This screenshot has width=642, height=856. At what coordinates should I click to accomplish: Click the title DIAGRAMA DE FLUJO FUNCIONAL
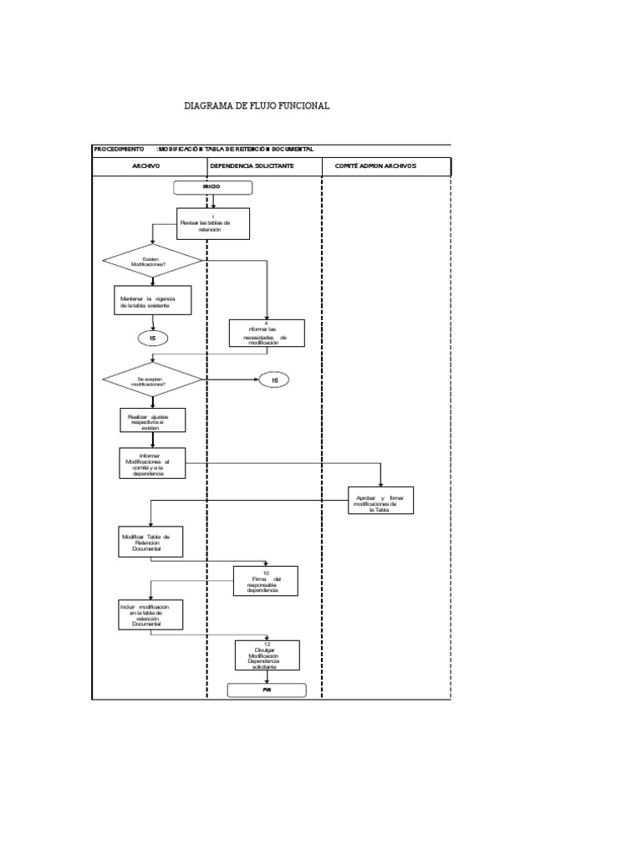(257, 106)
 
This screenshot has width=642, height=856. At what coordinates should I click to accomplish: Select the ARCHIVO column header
(146, 166)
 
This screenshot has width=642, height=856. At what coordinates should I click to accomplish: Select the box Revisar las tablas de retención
(213, 223)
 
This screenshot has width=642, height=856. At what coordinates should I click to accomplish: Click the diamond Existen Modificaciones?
(152, 261)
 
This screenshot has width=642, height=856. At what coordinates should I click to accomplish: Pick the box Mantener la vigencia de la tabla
(153, 300)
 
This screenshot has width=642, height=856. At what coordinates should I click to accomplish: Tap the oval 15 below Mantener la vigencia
(153, 338)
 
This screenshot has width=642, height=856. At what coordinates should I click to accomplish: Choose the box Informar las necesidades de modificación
(267, 333)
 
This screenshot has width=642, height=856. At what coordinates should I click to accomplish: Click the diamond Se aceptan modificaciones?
(152, 380)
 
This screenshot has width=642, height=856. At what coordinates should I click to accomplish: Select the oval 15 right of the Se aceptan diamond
(273, 380)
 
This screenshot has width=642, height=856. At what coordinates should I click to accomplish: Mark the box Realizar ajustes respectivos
(152, 420)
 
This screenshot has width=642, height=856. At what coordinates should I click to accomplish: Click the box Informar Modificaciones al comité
(152, 463)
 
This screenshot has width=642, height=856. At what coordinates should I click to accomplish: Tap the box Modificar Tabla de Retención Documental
(151, 541)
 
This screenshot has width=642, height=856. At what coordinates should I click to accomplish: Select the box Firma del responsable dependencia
(267, 581)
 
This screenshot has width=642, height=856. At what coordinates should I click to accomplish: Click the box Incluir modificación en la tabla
(151, 616)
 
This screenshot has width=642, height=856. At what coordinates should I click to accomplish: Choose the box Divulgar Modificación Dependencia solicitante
(267, 655)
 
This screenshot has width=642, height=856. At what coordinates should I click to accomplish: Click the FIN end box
(267, 690)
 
